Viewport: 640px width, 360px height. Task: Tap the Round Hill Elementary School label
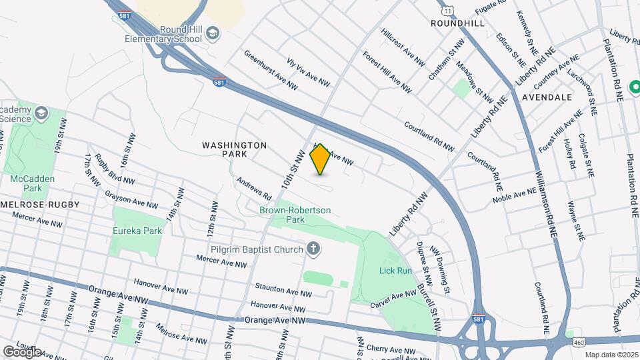[163, 34]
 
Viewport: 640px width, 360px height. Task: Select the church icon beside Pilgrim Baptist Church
[313, 249]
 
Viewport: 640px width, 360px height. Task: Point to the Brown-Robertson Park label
[295, 215]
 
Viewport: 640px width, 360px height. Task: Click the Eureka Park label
[137, 231]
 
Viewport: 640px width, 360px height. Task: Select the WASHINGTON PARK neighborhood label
[234, 149]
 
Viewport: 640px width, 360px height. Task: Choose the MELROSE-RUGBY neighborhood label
[40, 204]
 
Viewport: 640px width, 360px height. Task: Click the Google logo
[22, 351]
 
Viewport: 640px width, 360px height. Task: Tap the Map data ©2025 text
[611, 355]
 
